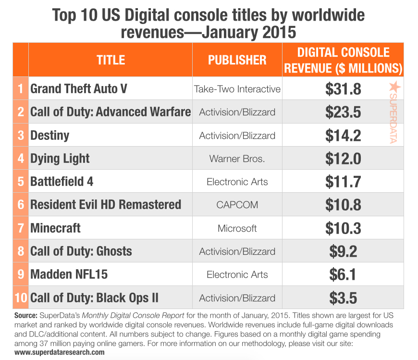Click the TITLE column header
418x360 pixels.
coord(111,60)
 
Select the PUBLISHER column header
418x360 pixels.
coord(237,60)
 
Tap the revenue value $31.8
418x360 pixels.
coord(343,89)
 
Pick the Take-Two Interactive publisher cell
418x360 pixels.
coord(237,89)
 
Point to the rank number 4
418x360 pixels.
coord(21,159)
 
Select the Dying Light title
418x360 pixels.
coord(60,159)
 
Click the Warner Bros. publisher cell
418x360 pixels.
coord(237,159)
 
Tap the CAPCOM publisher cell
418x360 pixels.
coord(237,205)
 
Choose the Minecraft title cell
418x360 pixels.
coord(55,228)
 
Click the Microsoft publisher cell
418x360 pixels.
coord(237,228)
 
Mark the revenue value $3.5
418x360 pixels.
coord(343,298)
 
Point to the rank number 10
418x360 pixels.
coord(21,298)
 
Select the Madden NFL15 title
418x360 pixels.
coord(69,274)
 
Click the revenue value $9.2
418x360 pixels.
coord(343,251)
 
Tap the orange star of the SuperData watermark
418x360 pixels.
coord(394,87)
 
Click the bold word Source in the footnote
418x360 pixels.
coord(25,316)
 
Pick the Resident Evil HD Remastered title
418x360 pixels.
coord(106,205)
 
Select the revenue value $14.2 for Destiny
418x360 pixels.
coord(343,136)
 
